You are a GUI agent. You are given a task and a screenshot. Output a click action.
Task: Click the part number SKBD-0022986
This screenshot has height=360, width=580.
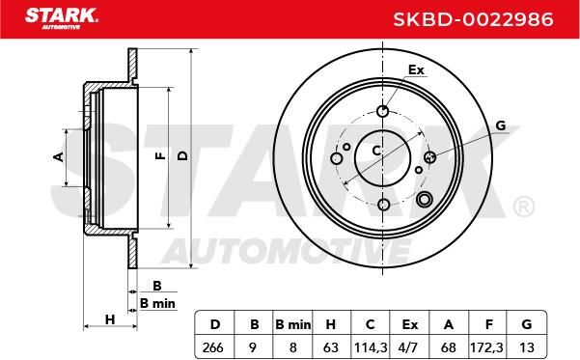(473, 19)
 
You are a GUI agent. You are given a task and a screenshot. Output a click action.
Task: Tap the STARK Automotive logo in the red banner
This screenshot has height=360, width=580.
(62, 19)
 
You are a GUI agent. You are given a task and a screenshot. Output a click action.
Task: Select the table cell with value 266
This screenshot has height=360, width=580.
(213, 347)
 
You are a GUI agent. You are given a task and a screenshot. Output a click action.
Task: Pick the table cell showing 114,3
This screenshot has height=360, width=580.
(371, 347)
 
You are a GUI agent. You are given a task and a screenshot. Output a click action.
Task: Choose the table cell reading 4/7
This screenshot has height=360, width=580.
(409, 347)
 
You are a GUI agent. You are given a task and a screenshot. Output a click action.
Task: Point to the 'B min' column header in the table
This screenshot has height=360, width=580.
(293, 324)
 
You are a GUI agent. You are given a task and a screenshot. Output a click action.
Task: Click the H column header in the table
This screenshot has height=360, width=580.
(330, 324)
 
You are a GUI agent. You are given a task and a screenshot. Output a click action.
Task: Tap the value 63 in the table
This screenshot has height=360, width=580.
(330, 347)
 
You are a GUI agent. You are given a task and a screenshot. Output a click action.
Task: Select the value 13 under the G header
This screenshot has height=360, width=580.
(526, 347)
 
